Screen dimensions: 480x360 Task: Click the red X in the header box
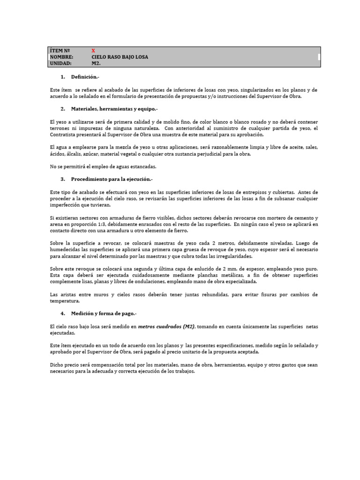93,50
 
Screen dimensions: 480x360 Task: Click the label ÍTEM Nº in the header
60,50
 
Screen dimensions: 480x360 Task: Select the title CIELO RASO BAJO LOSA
120,57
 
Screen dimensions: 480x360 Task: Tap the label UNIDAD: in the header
60,63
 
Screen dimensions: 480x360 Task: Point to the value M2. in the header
96,63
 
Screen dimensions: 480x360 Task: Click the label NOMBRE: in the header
61,57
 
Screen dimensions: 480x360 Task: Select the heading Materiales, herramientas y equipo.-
114,109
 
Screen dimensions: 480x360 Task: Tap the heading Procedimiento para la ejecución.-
112,179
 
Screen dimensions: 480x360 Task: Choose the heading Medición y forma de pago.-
104,313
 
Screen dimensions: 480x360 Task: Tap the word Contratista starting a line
62,135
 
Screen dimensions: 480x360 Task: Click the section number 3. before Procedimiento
63,179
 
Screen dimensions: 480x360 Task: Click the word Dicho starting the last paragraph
56,365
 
